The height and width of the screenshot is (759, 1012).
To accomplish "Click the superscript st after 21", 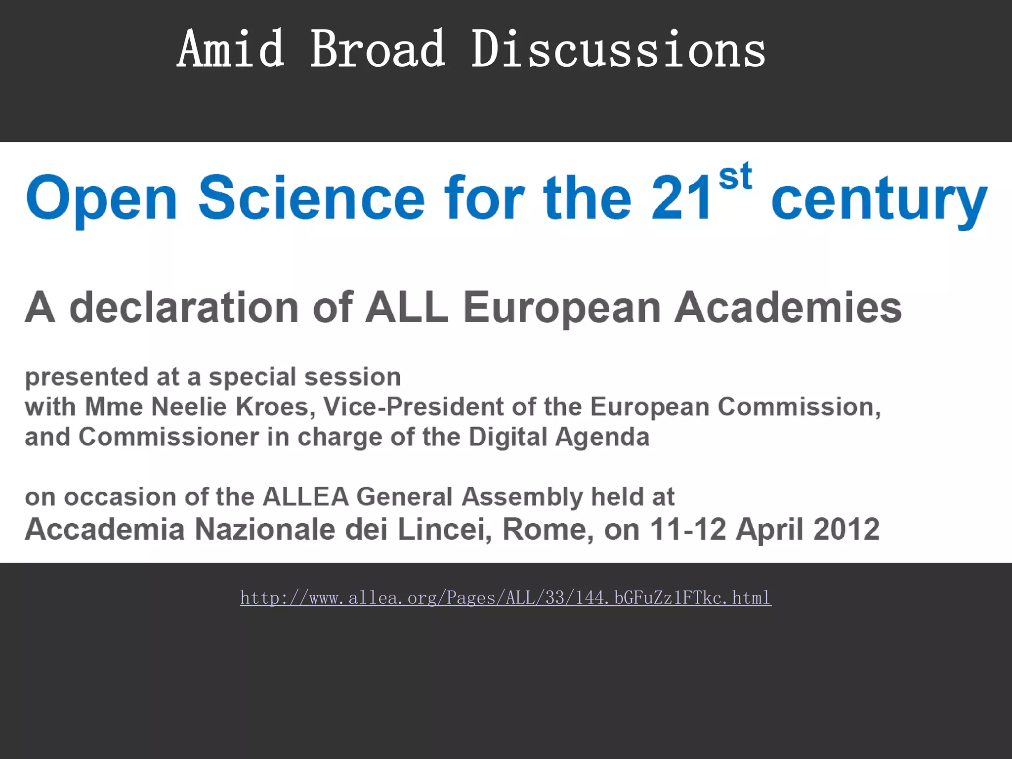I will (735, 176).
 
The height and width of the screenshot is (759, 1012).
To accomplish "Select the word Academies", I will (788, 307).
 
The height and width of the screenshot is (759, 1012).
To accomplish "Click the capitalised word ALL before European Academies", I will (406, 307).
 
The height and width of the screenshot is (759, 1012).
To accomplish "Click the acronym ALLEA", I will (306, 497).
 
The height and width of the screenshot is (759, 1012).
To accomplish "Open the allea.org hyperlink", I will (506, 598).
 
